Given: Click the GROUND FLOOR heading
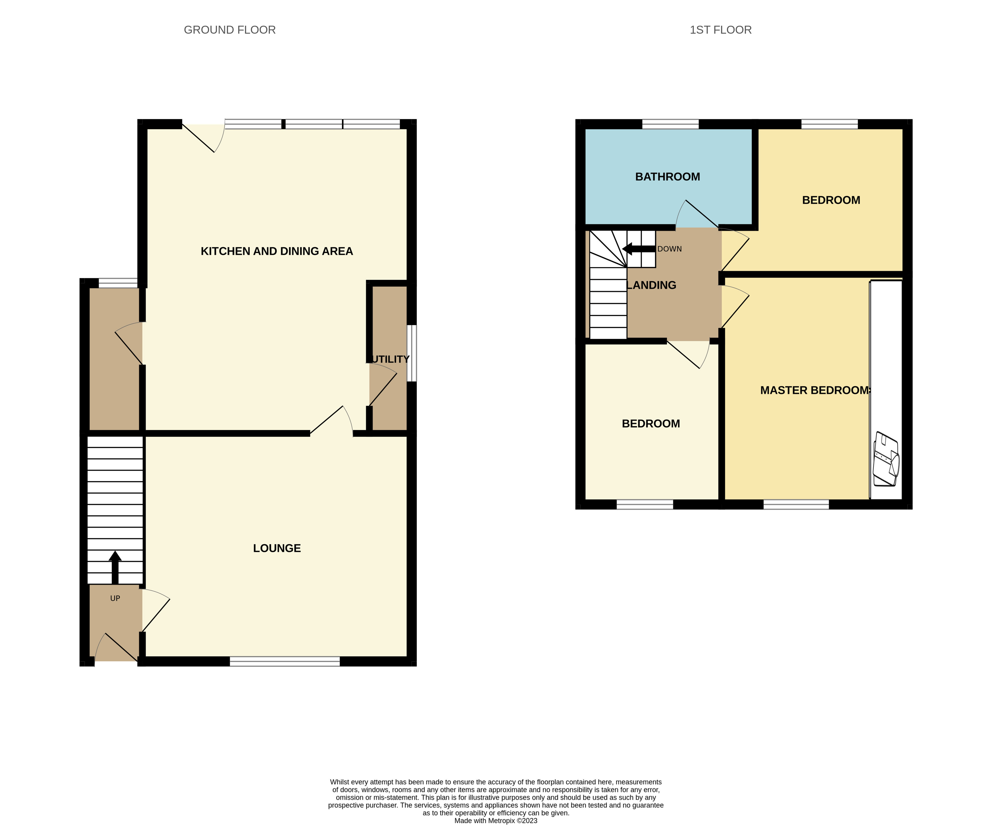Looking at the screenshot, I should [230, 30].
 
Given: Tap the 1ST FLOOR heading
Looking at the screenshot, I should [720, 30].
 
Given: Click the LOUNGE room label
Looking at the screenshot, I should [277, 548].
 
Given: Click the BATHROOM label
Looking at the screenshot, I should [668, 177].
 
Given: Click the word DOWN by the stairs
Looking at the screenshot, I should [669, 249].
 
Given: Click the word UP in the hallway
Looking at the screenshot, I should [115, 598].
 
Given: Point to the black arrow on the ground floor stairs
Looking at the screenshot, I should [115, 566].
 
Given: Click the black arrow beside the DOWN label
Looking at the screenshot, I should [639, 249].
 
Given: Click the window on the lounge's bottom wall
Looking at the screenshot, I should [284, 661].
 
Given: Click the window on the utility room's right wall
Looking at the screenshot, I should [412, 353].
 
